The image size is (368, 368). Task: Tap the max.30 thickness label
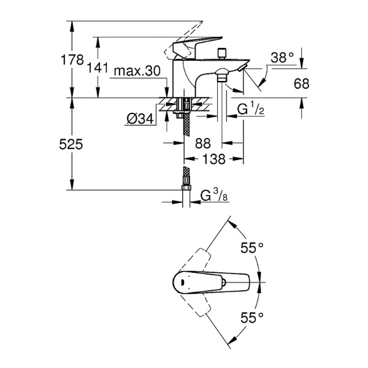137,72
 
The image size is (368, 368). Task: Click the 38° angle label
282,57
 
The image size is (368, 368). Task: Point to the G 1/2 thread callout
250,110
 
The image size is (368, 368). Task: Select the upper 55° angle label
251,248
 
